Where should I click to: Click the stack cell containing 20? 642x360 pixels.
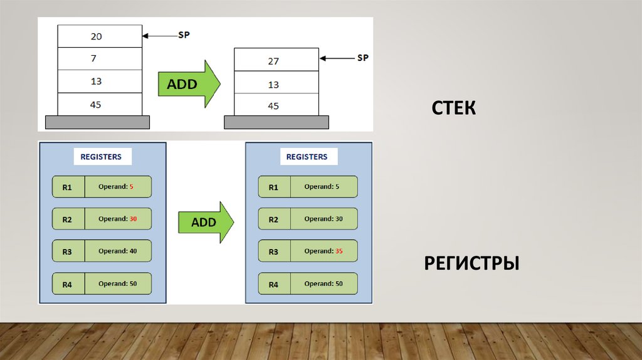click(x=99, y=36)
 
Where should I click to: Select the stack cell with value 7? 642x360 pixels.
click(x=99, y=58)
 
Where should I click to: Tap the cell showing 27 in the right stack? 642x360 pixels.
click(x=276, y=61)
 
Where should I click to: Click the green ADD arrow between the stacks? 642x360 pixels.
click(x=188, y=84)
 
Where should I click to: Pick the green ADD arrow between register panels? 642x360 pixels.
click(x=206, y=222)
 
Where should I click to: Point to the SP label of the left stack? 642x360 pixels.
click(x=184, y=35)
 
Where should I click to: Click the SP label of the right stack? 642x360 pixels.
click(x=362, y=58)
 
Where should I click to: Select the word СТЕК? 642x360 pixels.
click(x=453, y=108)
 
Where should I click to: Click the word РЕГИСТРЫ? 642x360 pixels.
click(x=471, y=263)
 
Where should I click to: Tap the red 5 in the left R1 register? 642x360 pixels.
click(x=132, y=187)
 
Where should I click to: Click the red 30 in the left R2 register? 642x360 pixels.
click(x=134, y=219)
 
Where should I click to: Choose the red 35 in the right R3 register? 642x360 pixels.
click(x=339, y=251)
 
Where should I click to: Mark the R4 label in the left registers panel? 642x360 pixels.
click(x=68, y=285)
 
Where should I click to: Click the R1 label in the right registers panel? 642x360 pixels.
click(x=273, y=187)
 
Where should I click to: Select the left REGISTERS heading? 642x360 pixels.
click(x=102, y=157)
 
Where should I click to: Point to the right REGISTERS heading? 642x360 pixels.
click(x=307, y=157)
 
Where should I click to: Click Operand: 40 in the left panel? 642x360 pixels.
click(x=117, y=251)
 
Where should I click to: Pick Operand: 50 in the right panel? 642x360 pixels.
click(x=324, y=284)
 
